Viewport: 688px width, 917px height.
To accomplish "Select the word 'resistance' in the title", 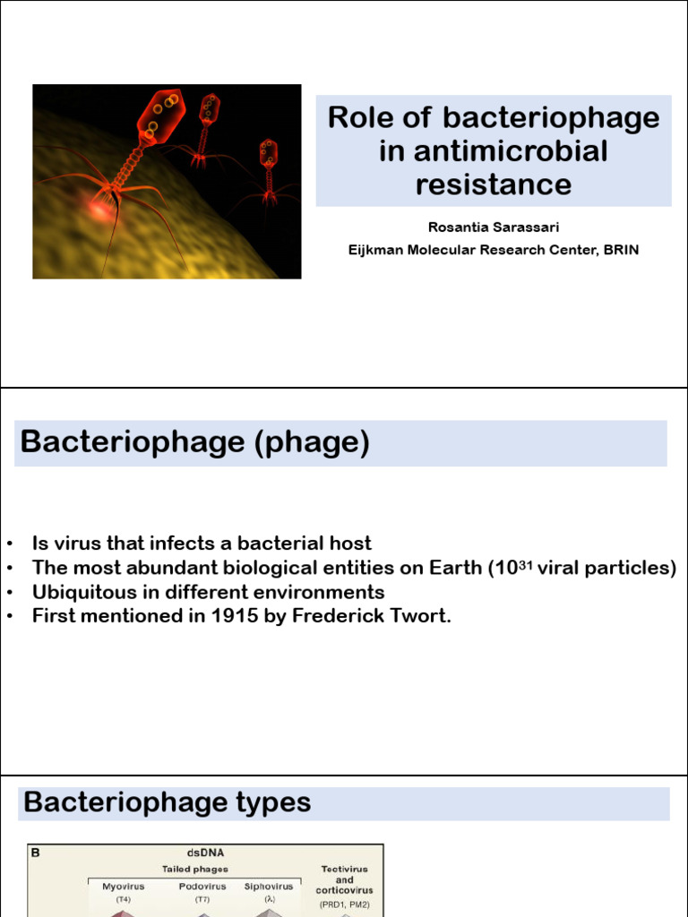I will pos(494,184).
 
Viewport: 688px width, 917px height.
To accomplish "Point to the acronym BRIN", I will pos(620,251).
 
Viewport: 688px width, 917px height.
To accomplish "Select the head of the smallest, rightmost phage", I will pos(269,151).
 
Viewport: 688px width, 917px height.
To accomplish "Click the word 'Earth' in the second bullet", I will pos(452,568).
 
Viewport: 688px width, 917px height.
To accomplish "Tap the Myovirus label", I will pos(123,887).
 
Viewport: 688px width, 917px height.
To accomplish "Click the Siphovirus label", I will pos(269,887).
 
